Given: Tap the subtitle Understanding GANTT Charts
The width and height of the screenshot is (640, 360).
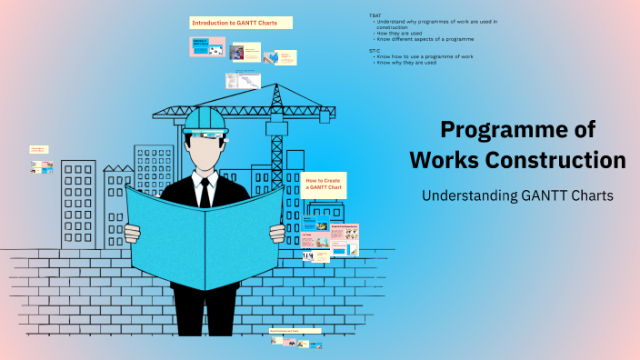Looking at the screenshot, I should [517, 195].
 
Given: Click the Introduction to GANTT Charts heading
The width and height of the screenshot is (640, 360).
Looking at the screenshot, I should [240, 22].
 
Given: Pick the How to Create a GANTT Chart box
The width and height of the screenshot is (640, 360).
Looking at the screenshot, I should [325, 185].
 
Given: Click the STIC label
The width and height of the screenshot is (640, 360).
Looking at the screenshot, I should [375, 51].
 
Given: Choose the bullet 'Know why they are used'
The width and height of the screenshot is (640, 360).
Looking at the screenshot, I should [408, 63].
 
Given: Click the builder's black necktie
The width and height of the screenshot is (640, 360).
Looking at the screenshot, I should [206, 191].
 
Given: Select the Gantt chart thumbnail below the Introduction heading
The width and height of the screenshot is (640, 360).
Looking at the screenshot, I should [243, 81].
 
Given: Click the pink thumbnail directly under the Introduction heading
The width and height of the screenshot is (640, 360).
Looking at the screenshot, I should [207, 46].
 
